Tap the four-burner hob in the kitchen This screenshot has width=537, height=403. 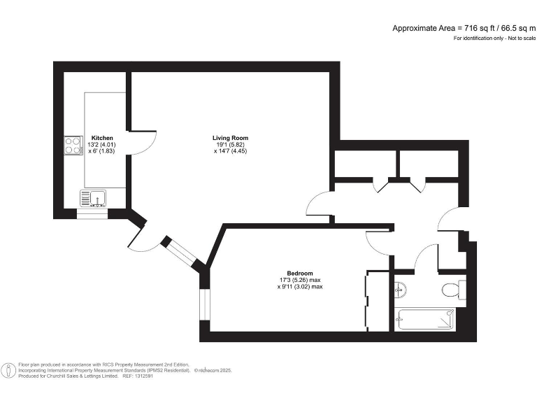(x=73, y=145)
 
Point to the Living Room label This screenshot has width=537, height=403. (x=230, y=138)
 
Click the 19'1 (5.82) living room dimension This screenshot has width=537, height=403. (x=230, y=145)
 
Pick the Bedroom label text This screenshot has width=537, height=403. (x=299, y=273)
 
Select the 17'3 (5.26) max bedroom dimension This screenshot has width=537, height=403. (x=299, y=280)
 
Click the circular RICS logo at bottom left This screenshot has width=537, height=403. (x=9, y=370)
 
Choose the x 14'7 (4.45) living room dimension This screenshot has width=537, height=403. (x=230, y=152)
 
